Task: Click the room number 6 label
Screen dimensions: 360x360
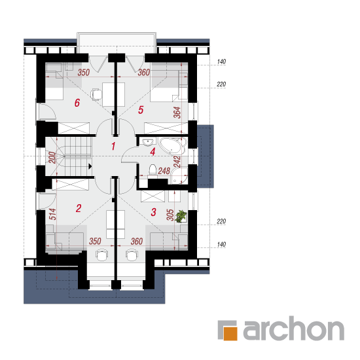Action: [77, 103]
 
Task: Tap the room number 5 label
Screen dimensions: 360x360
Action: [141, 110]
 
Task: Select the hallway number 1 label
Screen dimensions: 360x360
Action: [113, 146]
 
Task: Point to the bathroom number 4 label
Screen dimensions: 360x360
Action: [153, 152]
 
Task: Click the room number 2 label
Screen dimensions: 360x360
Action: [79, 208]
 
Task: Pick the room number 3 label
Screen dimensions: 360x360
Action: [153, 212]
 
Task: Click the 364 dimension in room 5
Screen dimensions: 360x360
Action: [177, 113]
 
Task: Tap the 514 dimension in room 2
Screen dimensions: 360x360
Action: [53, 214]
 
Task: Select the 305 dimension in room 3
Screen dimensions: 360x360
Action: [170, 215]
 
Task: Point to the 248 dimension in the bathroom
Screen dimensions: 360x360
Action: [164, 171]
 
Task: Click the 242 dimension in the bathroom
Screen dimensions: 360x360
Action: [177, 162]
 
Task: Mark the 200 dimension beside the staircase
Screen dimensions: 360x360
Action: [52, 158]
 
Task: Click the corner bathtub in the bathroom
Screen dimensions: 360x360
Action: [173, 146]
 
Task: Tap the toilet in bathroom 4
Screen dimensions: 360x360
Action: [153, 170]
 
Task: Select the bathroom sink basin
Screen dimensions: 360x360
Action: [148, 142]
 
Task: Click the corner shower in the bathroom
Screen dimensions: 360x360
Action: [179, 176]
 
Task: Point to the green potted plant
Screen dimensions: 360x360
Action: [181, 217]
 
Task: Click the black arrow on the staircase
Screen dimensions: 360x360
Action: [90, 166]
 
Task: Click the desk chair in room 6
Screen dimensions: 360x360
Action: [96, 94]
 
